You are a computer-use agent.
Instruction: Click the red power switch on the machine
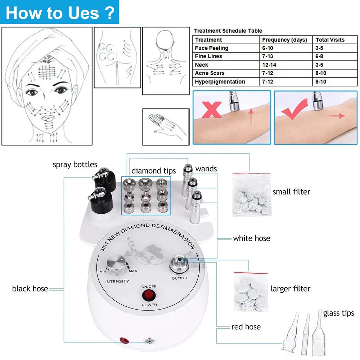[x=147, y=295]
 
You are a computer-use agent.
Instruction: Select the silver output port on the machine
[x=179, y=262]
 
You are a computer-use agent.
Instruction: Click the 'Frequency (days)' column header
[x=284, y=40]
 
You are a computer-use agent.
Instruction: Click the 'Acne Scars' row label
[x=210, y=73]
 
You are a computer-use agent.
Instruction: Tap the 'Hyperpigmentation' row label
[x=220, y=82]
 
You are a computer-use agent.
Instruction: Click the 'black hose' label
[x=30, y=288]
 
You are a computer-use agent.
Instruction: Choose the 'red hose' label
[x=246, y=327]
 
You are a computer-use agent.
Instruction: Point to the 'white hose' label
[x=251, y=238]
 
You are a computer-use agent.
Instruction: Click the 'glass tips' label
[x=338, y=313]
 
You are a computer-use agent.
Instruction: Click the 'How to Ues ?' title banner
[x=60, y=12]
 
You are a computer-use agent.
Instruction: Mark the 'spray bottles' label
[x=75, y=165]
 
